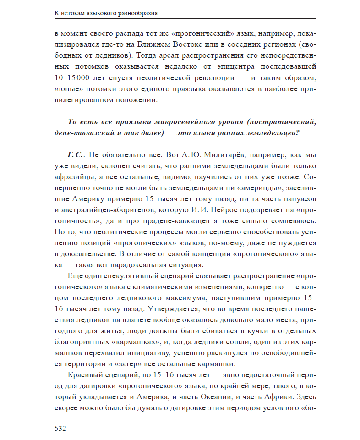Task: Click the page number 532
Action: click(x=60, y=429)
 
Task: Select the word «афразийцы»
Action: click(x=74, y=177)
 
